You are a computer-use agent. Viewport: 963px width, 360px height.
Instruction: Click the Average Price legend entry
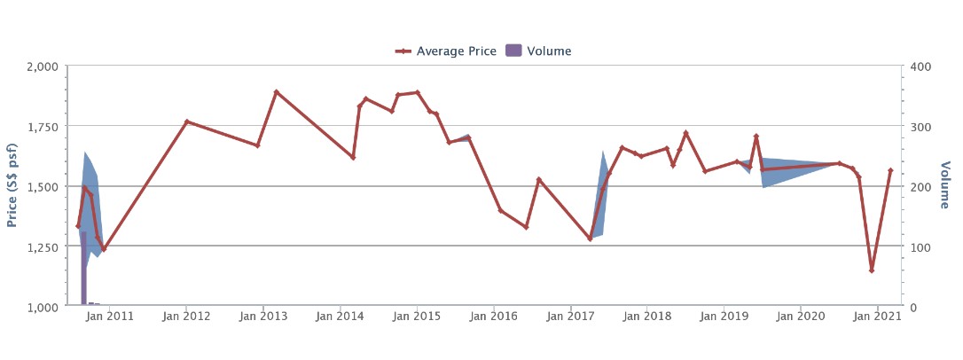click(447, 51)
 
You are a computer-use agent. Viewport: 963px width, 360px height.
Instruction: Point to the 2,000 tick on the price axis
click(41, 67)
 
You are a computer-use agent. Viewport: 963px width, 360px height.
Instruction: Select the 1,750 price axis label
click(41, 127)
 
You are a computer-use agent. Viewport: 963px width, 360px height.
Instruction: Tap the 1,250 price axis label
click(41, 247)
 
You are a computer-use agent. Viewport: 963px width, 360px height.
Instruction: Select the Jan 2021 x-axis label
click(878, 317)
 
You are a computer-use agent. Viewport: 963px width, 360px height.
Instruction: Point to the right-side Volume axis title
click(945, 185)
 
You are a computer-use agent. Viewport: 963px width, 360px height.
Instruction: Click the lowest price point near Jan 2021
click(872, 270)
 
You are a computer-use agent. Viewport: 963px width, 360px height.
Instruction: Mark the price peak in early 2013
click(276, 91)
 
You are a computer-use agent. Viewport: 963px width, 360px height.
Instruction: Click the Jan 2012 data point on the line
click(186, 121)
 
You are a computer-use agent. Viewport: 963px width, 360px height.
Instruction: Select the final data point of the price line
click(890, 170)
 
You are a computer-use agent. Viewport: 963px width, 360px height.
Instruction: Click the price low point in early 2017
click(590, 239)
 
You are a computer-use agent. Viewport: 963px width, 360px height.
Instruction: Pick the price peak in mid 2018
click(685, 133)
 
